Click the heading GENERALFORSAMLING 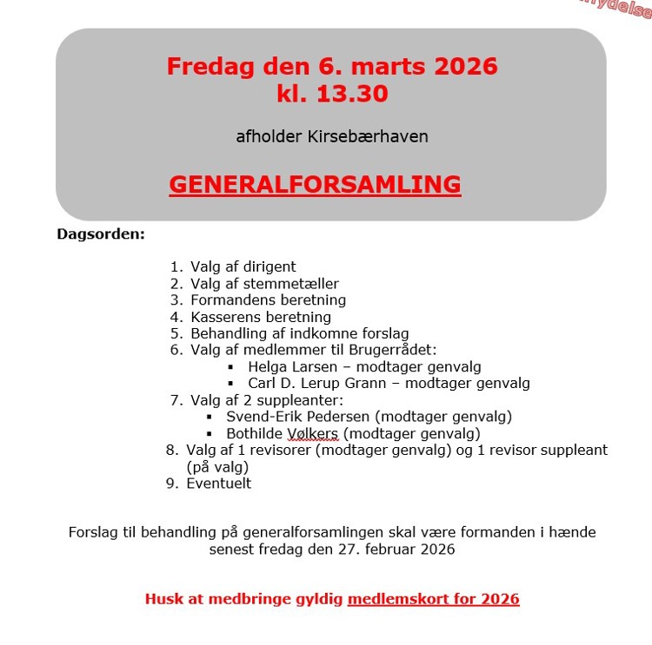(x=315, y=185)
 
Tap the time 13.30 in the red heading (x=350, y=94)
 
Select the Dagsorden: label (x=101, y=234)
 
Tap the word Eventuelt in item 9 (x=218, y=484)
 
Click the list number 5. (x=176, y=333)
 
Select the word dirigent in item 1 (x=268, y=267)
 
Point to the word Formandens (x=229, y=300)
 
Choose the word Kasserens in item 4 (x=223, y=317)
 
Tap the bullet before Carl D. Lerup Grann (x=230, y=384)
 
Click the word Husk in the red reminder (x=163, y=599)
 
